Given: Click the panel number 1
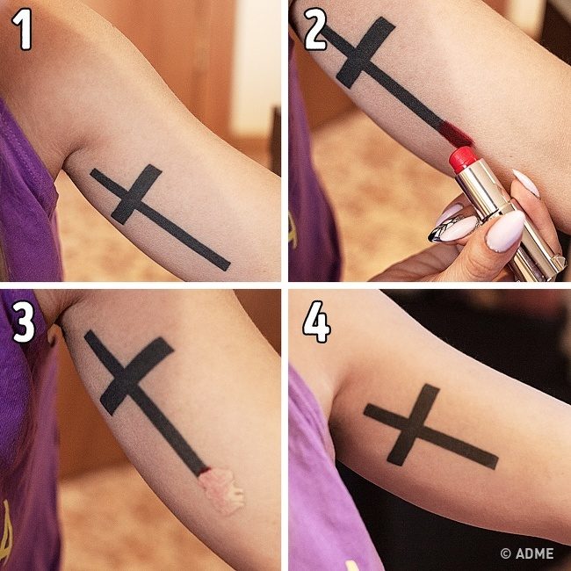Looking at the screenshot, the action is tap(22, 29).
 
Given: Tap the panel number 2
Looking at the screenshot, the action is tap(315, 29).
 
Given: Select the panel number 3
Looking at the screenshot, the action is tap(24, 322).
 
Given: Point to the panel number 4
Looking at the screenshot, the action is tap(316, 322).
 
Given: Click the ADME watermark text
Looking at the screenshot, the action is tap(535, 553).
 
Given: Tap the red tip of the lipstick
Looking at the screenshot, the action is tap(463, 159).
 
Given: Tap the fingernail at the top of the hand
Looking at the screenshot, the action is tap(526, 183).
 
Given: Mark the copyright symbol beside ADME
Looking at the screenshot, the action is tap(505, 553).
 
